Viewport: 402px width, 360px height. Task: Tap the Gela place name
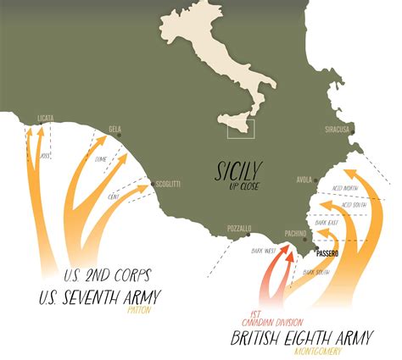point(115,130)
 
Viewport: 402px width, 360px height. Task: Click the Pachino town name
point(295,232)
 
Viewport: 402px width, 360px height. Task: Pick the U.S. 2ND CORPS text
point(107,276)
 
